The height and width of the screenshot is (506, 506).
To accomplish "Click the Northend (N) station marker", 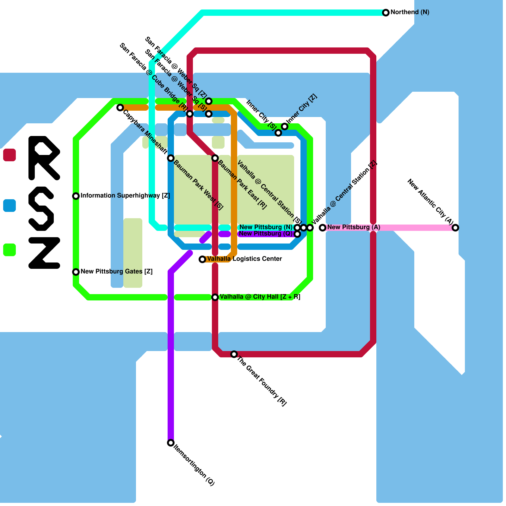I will tap(386, 13).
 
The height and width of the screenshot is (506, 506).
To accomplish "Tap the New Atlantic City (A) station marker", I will tap(455, 228).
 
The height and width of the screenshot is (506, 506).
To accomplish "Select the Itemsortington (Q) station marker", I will tap(171, 443).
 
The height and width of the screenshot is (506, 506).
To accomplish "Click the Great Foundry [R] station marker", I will tap(234, 354).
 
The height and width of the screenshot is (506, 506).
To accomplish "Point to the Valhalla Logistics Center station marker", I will tap(202, 259).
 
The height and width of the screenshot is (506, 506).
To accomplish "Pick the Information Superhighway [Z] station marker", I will tap(76, 196).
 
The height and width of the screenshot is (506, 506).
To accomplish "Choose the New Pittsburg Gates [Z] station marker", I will tap(76, 272).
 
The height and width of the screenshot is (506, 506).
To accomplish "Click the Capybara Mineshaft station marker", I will tap(120, 108).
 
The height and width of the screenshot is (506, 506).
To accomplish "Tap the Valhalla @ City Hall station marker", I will tap(215, 297).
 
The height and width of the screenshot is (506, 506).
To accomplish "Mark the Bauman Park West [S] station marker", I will tap(171, 158).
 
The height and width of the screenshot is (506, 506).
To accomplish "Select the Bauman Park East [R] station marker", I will tap(215, 158).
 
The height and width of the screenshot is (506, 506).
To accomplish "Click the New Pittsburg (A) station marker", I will tap(322, 228).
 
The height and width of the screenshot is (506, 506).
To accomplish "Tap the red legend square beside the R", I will tap(9, 155).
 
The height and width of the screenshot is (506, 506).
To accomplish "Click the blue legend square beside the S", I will tap(9, 206).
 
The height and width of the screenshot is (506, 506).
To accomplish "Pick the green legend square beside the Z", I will tap(9, 250).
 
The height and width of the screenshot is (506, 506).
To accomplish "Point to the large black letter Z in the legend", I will tap(44, 253).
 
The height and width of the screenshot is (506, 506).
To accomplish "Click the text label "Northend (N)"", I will tap(410, 12).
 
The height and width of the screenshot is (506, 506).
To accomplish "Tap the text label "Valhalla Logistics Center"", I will tap(244, 259).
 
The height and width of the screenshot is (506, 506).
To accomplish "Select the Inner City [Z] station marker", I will tap(285, 126).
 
